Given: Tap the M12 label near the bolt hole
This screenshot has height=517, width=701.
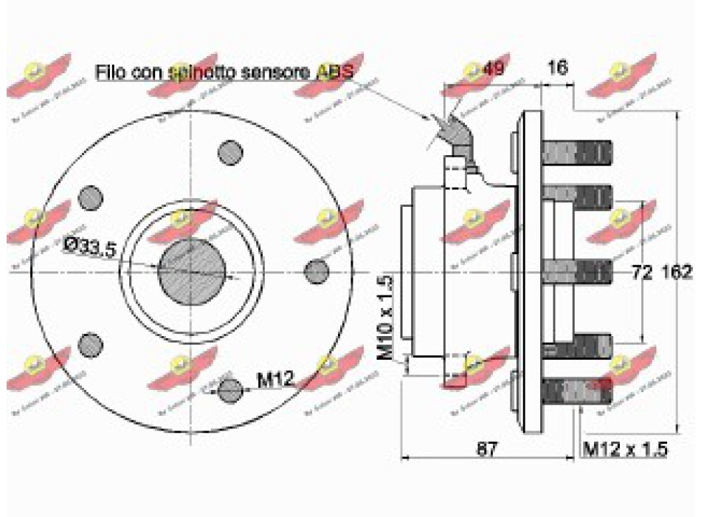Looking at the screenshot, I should (x=275, y=380).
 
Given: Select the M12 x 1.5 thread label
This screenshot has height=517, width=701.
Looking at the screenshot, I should (x=626, y=448).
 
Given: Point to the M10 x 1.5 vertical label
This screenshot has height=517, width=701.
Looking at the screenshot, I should (x=386, y=317).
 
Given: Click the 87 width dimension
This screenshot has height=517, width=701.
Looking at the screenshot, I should (x=486, y=448).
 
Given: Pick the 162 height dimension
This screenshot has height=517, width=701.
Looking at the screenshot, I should (x=677, y=273).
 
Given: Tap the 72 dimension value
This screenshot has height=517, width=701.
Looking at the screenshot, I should (x=643, y=273).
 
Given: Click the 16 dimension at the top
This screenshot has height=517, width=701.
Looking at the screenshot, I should (x=558, y=68).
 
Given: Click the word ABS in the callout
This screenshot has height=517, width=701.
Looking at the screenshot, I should (x=335, y=71).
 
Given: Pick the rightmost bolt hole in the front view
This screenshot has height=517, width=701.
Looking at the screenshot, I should (x=317, y=270).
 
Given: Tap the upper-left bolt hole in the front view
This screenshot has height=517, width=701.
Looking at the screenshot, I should (x=91, y=196).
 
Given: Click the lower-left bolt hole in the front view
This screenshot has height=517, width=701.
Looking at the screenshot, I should (x=91, y=343).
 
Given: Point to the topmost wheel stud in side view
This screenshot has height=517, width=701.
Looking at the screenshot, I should (x=577, y=153).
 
